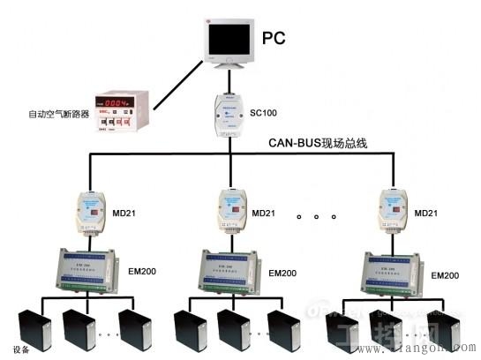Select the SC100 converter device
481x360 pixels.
tap(230, 115)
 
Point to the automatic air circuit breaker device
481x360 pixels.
tap(121, 112)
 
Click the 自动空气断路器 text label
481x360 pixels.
tap(58, 114)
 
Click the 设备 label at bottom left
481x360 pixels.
tap(21, 351)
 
